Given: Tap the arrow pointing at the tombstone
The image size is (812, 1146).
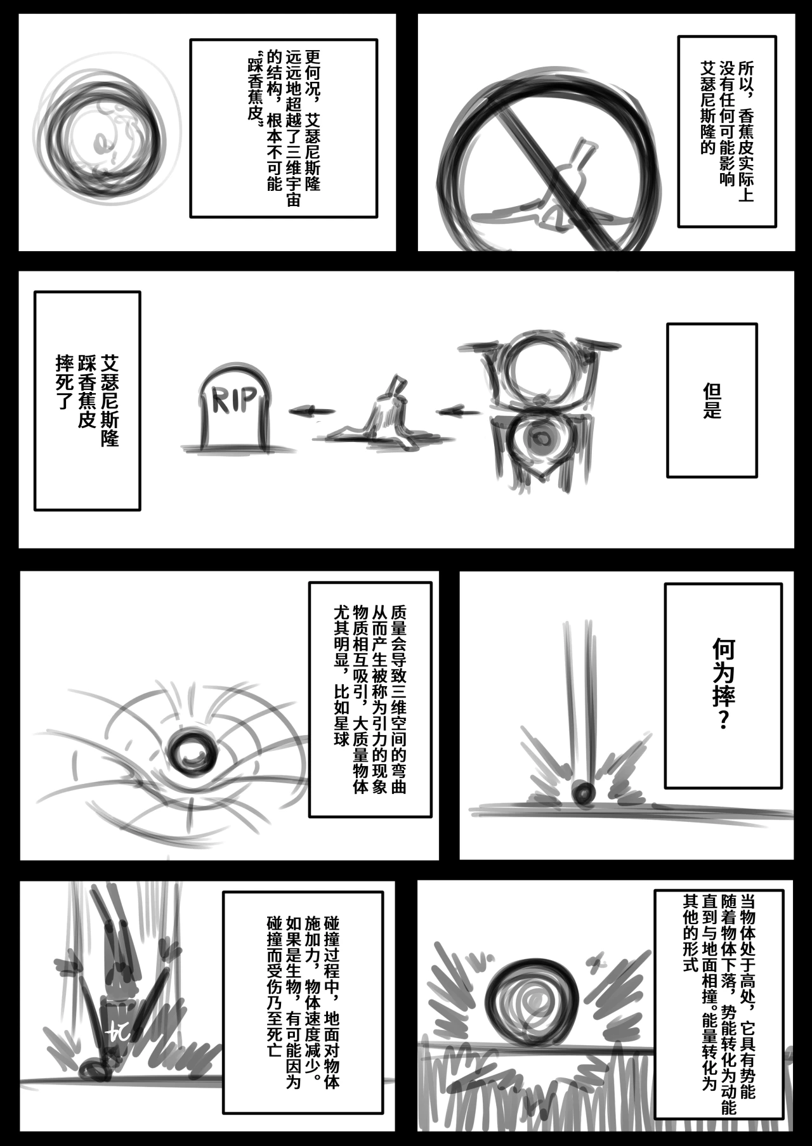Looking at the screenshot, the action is point(312,411).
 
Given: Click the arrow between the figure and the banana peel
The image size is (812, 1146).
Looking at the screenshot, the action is point(459,412).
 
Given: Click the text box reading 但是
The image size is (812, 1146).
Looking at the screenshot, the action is point(712,400).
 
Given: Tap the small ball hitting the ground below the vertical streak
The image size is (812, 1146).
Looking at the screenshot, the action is point(583,792).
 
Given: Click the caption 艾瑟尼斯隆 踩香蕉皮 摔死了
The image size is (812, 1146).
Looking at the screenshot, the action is point(87,400).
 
